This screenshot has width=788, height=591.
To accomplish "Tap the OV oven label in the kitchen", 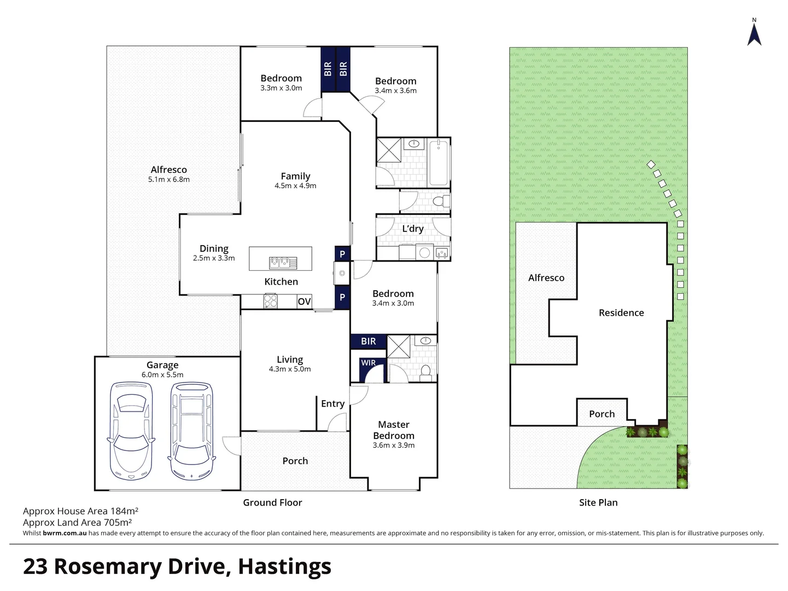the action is coord(304,301).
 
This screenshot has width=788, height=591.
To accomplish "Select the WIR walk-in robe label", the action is coord(369,362).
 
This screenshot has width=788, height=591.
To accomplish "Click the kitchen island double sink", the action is coord(283,263).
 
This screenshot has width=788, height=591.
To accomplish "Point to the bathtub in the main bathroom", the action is coord(439,163).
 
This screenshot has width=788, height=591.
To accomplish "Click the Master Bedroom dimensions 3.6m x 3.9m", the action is coord(394,445).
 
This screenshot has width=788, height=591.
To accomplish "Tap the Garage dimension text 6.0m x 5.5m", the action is coord(162,375).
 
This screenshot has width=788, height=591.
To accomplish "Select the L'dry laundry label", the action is coord(413,229).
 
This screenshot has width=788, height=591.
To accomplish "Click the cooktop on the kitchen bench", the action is coord(270,301).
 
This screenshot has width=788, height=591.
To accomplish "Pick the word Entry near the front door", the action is coord(333,404).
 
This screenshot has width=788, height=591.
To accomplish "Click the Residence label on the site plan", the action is coord(621,312).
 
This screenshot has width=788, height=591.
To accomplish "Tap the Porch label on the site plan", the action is coord(602,414).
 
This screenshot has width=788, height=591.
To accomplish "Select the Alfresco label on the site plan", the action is coord(546,278).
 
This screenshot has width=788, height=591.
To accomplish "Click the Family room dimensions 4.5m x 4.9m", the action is coord(295,186).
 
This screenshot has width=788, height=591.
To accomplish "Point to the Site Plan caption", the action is coord(598,502).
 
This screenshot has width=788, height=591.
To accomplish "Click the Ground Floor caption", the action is coord(272,502).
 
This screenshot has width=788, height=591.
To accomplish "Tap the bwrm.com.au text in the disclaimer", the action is coord(65,533).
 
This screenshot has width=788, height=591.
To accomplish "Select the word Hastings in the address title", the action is coord(284,567).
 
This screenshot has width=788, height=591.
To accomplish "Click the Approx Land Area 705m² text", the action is coord(77,523).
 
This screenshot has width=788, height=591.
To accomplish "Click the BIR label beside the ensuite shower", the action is coord(369,341).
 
